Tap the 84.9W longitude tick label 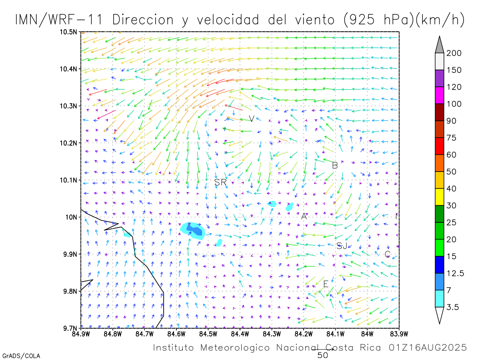point(81,333)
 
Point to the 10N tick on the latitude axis point(72,217)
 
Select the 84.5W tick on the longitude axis point(208,333)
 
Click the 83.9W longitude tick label point(399,333)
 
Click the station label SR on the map point(220,182)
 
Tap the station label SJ point(342,246)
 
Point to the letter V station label point(251,118)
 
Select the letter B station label point(335,165)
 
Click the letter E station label point(326,284)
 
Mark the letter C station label point(387,254)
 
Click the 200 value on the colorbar point(454,53)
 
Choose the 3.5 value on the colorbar point(453,307)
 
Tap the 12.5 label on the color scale point(455,273)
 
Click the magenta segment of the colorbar point(440,95)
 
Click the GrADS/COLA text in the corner point(21,356)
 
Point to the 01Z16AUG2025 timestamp point(428,348)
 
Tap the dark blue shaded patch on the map point(195,230)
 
